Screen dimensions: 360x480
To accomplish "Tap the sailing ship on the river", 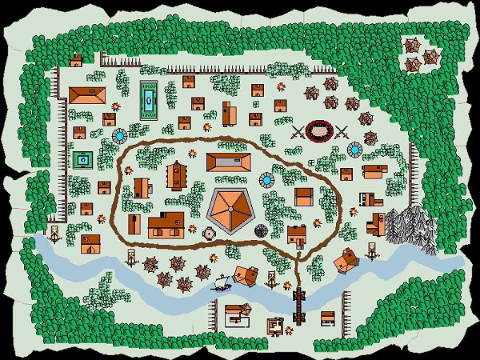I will (x=222, y=281).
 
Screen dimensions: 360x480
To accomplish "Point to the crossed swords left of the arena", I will (x=298, y=132).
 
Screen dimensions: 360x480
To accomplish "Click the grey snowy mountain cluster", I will (x=411, y=227).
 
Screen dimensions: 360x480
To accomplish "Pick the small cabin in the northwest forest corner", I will (x=76, y=60).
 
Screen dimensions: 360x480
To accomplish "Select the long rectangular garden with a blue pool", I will (x=149, y=99).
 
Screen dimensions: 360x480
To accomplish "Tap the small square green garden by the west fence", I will (x=82, y=158).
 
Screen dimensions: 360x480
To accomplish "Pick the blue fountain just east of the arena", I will (x=355, y=149).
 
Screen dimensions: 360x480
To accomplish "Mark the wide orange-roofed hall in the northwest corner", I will (x=86, y=94).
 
